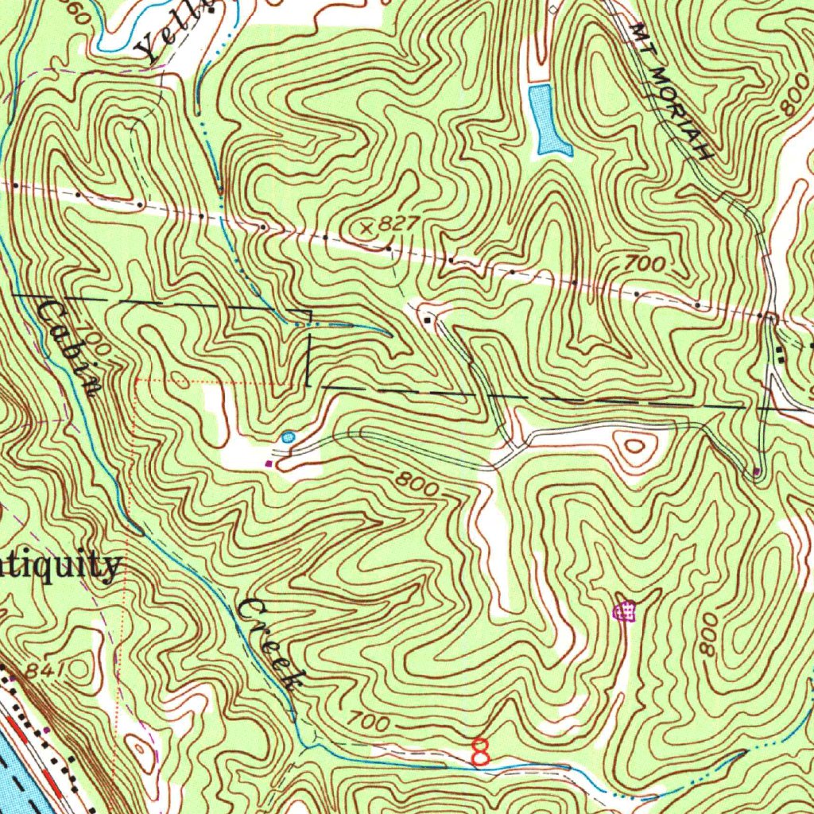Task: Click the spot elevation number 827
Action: pyautogui.click(x=397, y=224)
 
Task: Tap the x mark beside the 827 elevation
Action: pyautogui.click(x=366, y=228)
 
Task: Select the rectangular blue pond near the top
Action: pyautogui.click(x=548, y=120)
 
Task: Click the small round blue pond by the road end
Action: pyautogui.click(x=288, y=436)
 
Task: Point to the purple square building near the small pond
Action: pyautogui.click(x=269, y=462)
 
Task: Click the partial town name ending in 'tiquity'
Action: pyautogui.click(x=60, y=567)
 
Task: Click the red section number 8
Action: pyautogui.click(x=480, y=751)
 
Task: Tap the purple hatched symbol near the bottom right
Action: pyautogui.click(x=626, y=611)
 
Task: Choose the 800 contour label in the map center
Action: pyautogui.click(x=416, y=483)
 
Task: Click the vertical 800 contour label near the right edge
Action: pyautogui.click(x=707, y=634)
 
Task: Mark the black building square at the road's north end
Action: pyautogui.click(x=428, y=320)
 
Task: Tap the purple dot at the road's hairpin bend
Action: pyautogui.click(x=756, y=472)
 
